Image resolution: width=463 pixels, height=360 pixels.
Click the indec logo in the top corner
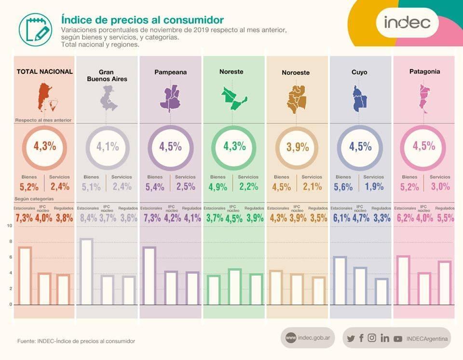(407, 22)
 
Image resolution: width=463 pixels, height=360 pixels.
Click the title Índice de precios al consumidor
(142, 20)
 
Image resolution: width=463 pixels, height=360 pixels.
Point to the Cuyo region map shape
(359, 98)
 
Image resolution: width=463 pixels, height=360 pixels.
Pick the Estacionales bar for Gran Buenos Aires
(87, 272)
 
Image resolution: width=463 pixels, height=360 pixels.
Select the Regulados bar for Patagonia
(445, 283)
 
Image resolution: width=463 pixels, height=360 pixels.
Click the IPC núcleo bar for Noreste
(234, 287)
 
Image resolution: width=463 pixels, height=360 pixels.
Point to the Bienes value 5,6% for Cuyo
(343, 187)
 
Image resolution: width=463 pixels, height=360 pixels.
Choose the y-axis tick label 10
(10, 226)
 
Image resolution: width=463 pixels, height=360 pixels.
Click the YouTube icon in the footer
(397, 339)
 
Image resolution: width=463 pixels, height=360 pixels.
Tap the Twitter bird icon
(351, 338)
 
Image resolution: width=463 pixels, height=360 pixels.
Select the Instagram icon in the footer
(372, 338)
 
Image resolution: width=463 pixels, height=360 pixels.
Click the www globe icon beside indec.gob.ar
(291, 338)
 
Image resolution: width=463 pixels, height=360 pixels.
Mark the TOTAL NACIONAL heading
(44, 71)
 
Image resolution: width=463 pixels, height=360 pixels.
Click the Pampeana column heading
(170, 72)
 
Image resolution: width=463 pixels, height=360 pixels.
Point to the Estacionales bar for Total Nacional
(25, 276)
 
